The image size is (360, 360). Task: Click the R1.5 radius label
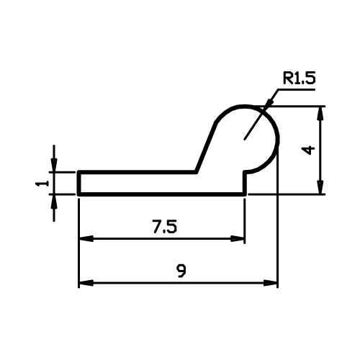coord(299,78)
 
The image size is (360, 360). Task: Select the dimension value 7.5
coord(165,227)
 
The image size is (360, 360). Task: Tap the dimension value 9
coord(181,271)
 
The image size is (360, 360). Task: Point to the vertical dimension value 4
coord(308,150)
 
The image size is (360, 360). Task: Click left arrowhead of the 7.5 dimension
coord(86,239)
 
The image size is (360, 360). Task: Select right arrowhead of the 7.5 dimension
coord(237,239)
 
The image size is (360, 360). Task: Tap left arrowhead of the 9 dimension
coord(86,283)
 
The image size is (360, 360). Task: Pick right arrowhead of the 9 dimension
coord(271,283)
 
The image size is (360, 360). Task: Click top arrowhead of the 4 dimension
coord(320,113)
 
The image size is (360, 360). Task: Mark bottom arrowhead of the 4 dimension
coord(320,186)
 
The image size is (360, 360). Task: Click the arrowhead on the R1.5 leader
coord(269,104)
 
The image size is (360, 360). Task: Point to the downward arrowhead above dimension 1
coord(54,165)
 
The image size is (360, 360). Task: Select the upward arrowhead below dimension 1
coord(54,201)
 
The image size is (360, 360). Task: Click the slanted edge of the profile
coord(206,148)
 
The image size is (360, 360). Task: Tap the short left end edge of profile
coord(78,183)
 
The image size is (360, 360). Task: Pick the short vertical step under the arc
coord(245,183)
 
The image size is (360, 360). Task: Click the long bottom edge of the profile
coord(162,194)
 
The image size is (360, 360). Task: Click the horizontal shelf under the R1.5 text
coord(296,89)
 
